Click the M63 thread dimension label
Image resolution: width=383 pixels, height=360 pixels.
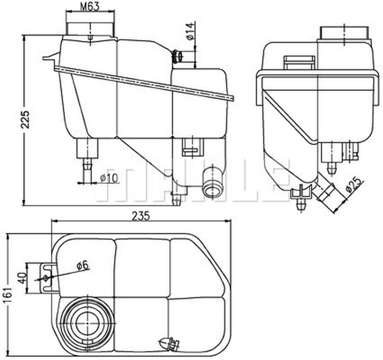click(x=90, y=7)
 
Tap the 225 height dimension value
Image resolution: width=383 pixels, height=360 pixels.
click(x=26, y=120)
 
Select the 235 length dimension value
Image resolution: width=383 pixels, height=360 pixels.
click(x=141, y=216)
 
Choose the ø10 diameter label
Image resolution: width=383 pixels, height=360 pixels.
click(x=109, y=178)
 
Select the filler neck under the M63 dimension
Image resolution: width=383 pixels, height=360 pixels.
click(x=90, y=28)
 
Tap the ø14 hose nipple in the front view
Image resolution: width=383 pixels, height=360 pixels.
click(x=180, y=56)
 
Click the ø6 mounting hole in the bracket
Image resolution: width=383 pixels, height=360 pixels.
click(x=45, y=278)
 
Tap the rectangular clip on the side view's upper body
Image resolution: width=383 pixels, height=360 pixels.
click(x=299, y=62)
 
